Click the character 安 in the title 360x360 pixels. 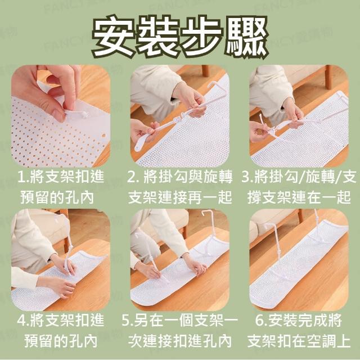tap(113, 37)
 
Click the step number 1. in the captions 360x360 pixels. tap(23, 177)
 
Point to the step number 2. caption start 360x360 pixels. tap(133, 177)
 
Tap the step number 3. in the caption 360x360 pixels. tap(247, 177)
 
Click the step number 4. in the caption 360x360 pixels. tap(23, 320)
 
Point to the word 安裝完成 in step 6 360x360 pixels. tap(298, 320)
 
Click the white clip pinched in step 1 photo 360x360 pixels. tap(77, 113)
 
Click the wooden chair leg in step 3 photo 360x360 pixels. tap(328, 77)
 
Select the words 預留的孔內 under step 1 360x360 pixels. tap(57, 197)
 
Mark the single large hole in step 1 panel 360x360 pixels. tap(103, 136)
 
